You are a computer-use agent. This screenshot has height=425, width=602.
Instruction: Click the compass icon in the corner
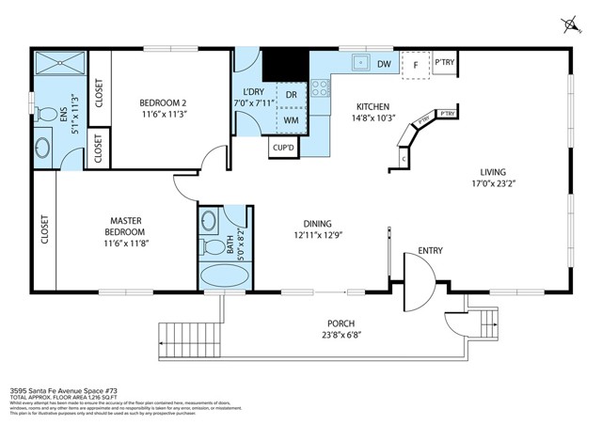[570, 22]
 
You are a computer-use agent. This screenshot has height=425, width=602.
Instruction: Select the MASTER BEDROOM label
[124, 226]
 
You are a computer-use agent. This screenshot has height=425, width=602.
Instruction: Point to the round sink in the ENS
[42, 148]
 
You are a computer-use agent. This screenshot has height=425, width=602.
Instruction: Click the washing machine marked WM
[291, 120]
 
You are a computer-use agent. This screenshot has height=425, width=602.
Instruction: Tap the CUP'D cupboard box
[283, 147]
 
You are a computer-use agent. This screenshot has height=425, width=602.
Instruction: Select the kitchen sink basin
[358, 64]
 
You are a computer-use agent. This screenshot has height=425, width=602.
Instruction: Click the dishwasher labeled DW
[384, 64]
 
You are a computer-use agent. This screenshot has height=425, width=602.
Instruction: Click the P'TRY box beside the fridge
[444, 63]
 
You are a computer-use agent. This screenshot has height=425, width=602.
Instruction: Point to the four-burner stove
[321, 88]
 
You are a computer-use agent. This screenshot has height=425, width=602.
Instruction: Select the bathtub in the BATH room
[224, 276]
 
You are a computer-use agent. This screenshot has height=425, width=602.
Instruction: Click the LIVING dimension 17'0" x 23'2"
[492, 184]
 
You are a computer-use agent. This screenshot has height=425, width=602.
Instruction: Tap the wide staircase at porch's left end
[188, 336]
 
